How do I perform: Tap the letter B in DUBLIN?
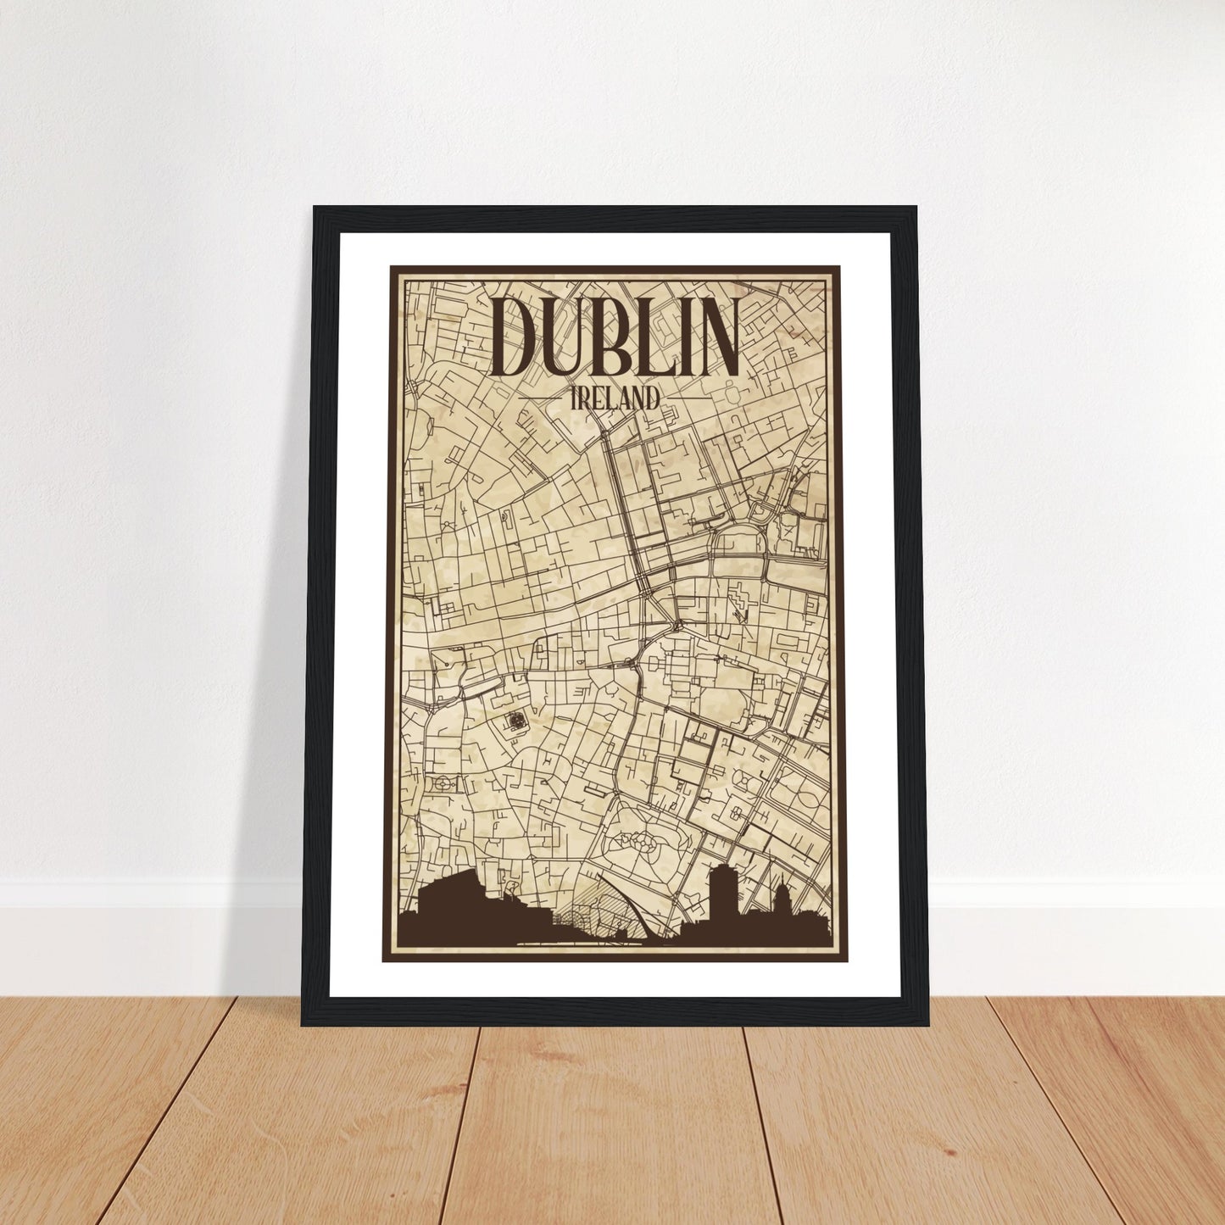click(604, 337)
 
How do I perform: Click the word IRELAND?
click(615, 399)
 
